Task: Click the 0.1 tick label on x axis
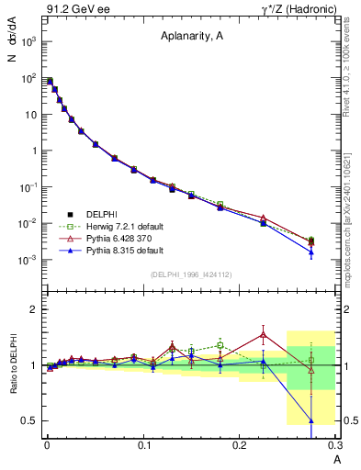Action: (x=143, y=444)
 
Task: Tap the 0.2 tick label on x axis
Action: (x=240, y=444)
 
